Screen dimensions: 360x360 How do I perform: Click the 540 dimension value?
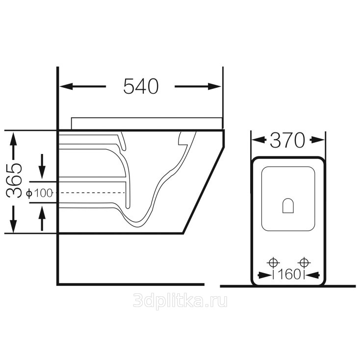click(141, 86)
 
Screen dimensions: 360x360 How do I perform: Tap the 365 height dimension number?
click(14, 180)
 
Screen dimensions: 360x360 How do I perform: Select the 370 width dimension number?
click(287, 140)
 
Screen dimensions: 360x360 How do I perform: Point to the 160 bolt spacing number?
click(289, 274)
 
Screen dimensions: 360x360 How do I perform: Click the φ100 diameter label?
click(39, 193)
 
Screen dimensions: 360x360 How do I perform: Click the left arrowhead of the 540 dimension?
click(66, 86)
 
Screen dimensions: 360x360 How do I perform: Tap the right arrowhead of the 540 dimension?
click(214, 86)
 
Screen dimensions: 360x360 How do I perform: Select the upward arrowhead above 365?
click(13, 139)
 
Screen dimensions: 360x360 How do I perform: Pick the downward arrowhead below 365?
click(13, 226)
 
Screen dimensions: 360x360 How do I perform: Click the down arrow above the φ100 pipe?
click(42, 166)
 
